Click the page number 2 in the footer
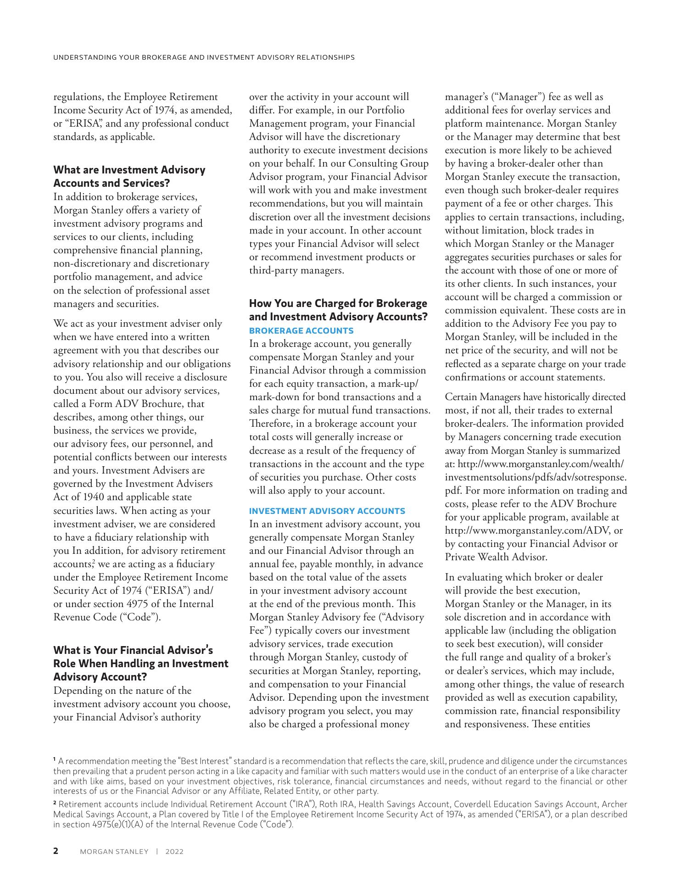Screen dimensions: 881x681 pyautogui.click(x=56, y=851)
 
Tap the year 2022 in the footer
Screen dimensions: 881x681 pyautogui.click(x=174, y=852)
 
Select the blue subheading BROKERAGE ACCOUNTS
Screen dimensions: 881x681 pyautogui.click(x=301, y=330)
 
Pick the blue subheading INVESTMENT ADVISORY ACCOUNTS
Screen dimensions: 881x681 pyautogui.click(x=327, y=511)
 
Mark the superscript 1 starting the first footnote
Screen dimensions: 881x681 pyautogui.click(x=55, y=760)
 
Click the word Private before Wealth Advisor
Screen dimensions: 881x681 pyautogui.click(x=461, y=557)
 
